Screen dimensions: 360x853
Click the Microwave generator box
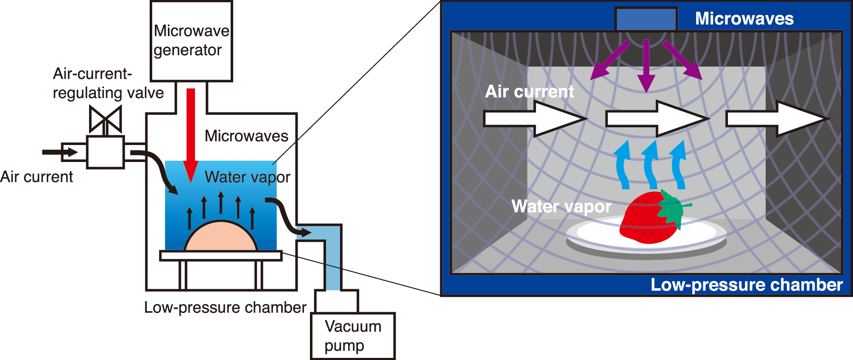(x=191, y=41)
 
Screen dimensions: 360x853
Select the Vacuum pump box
(x=353, y=336)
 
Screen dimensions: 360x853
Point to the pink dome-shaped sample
(x=220, y=237)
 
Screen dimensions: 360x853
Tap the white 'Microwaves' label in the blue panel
(x=744, y=19)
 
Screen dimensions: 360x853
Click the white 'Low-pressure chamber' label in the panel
(x=746, y=285)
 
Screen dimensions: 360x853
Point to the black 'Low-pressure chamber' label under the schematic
(x=225, y=307)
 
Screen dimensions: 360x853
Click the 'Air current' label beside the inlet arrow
(x=36, y=177)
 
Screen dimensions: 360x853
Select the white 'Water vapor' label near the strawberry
(x=561, y=207)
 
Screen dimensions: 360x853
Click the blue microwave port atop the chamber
(x=646, y=20)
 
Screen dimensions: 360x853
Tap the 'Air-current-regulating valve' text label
(x=108, y=83)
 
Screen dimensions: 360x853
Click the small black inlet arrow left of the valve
(x=59, y=152)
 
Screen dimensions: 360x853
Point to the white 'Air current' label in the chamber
(x=529, y=92)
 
